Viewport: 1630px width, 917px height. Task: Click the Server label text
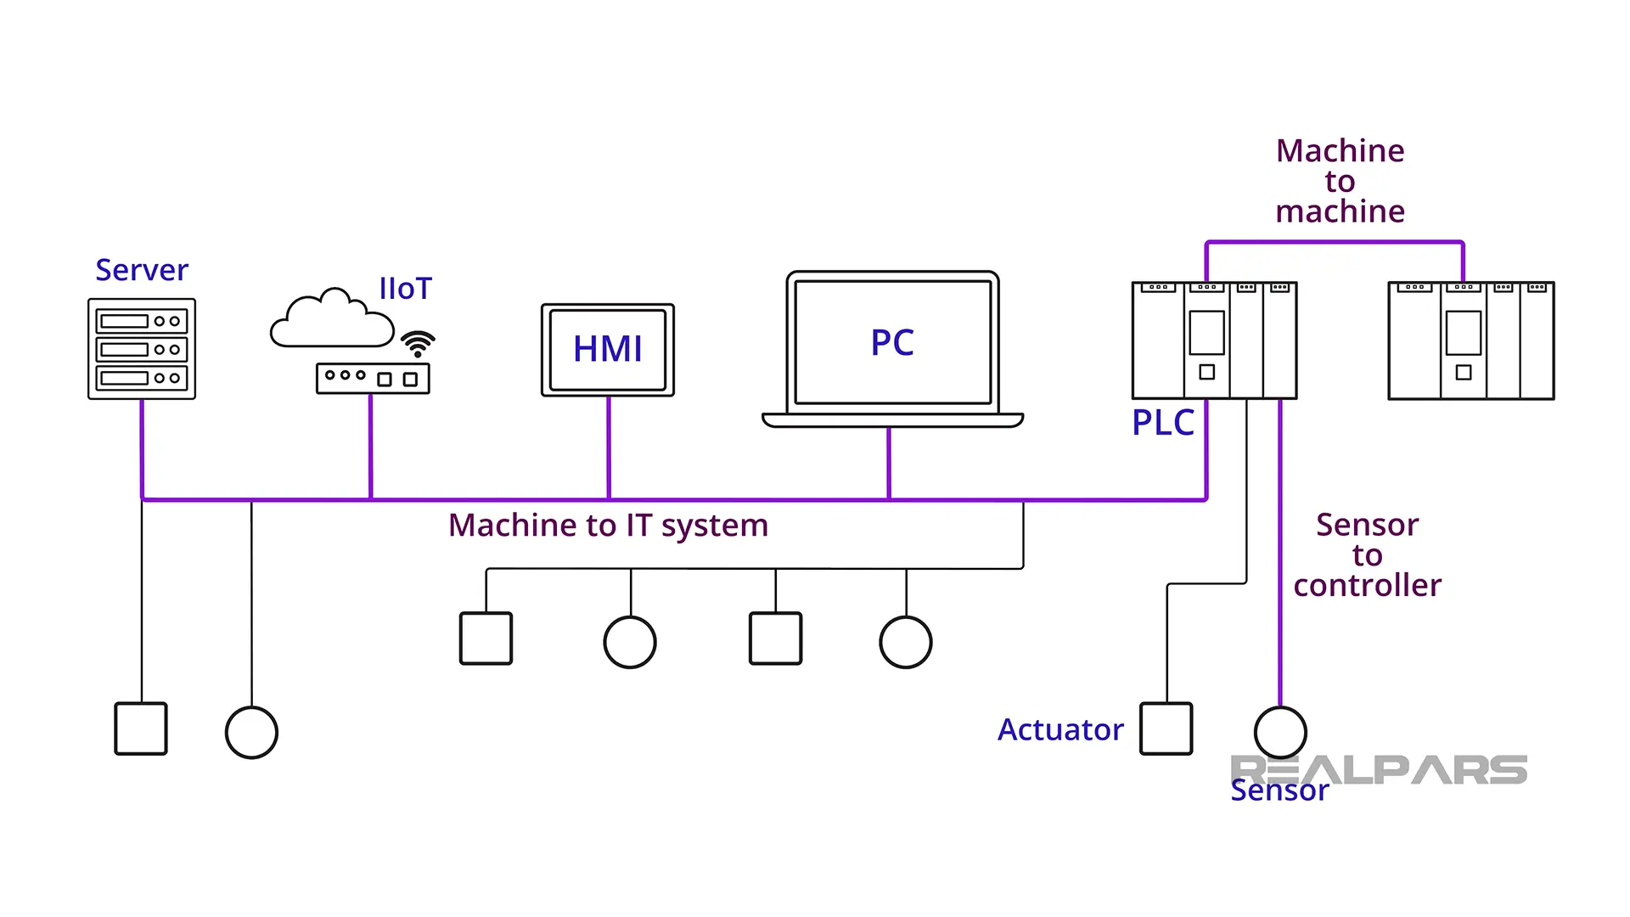(141, 270)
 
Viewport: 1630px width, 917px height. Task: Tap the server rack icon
(142, 349)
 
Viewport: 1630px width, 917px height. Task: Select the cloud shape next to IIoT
(331, 321)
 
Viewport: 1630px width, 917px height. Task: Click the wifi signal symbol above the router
(418, 344)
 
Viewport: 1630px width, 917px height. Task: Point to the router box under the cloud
(373, 378)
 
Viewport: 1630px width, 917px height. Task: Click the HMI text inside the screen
(608, 349)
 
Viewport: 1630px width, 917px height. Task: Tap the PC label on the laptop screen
(892, 343)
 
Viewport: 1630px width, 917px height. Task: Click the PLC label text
(1162, 423)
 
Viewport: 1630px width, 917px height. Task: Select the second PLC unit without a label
(1470, 340)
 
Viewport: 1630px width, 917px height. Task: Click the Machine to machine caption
(1340, 181)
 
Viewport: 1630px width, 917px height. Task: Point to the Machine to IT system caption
(608, 526)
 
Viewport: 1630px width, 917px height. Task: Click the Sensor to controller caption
(1367, 555)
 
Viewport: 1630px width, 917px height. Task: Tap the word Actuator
(1060, 730)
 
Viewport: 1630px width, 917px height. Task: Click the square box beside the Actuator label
(1166, 729)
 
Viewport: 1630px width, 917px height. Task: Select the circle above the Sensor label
(1279, 732)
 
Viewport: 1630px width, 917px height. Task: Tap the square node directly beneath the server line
(141, 729)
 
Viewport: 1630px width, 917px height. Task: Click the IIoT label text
(405, 289)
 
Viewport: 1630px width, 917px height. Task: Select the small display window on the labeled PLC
(1206, 333)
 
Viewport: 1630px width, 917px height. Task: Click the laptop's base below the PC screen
(892, 420)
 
